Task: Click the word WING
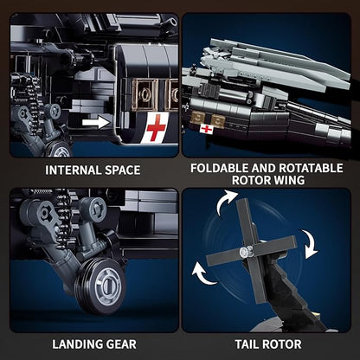pos(289,180)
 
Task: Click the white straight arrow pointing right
pos(96,123)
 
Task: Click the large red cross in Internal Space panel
pos(156,128)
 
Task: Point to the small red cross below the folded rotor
pos(207,129)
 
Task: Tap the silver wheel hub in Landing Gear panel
pos(108,285)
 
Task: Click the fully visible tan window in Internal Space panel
pos(145,94)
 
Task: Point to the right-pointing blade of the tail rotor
pos(274,244)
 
